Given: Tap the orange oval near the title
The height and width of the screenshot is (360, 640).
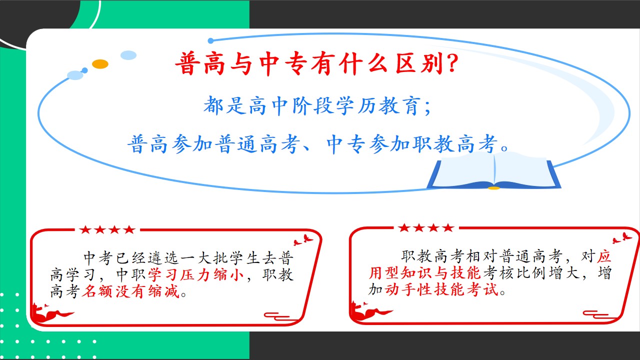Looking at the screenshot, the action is tap(100, 64).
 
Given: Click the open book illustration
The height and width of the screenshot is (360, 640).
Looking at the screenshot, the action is tap(494, 171).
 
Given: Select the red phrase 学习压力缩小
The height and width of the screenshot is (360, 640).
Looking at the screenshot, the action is tap(196, 275).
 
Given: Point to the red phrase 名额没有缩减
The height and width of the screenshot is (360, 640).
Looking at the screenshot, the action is tap(130, 291).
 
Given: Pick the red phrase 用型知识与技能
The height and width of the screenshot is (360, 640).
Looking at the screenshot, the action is tap(425, 272).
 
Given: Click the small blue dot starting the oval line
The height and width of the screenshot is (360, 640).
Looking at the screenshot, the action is tap(211, 41).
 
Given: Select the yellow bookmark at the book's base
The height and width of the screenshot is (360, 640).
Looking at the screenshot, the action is tap(493, 188).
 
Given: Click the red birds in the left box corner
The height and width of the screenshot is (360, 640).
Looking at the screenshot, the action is tap(303, 239).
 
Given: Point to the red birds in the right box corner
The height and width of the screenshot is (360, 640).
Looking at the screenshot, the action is tap(622, 237).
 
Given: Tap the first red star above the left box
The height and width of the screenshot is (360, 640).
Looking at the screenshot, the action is tap(85, 229).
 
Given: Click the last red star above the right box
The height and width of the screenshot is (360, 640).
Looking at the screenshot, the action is tap(448, 227).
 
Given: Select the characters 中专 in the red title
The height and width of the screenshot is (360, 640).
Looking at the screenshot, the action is tap(283, 63).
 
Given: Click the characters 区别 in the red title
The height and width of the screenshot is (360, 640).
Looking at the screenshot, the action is tap(419, 63).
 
